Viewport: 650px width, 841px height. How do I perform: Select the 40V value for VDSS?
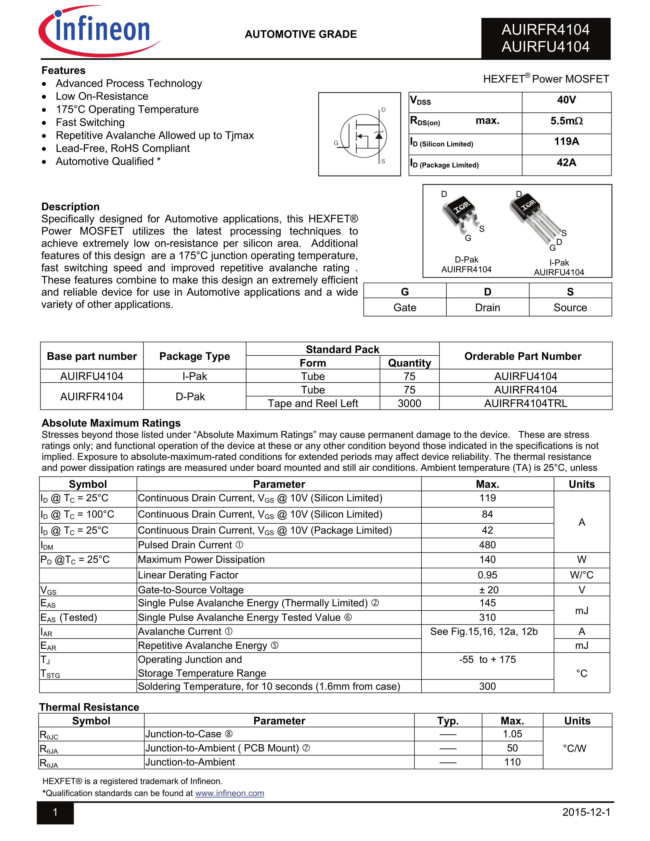[566, 100]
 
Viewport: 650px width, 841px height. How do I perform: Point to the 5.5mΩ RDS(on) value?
[566, 121]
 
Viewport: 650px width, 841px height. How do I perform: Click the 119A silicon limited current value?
[566, 142]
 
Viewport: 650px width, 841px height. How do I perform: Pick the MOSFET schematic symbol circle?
[363, 136]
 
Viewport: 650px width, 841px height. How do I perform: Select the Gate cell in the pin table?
[405, 308]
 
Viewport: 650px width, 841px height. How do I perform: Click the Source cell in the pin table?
[570, 308]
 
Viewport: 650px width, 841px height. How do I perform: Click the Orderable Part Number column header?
[523, 356]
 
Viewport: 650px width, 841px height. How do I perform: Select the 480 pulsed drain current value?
[487, 545]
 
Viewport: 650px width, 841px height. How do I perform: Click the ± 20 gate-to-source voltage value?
[487, 590]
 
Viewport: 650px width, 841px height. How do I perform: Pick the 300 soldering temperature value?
[487, 686]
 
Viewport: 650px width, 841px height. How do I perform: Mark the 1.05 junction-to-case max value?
[512, 734]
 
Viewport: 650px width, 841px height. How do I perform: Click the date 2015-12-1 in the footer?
[586, 812]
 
